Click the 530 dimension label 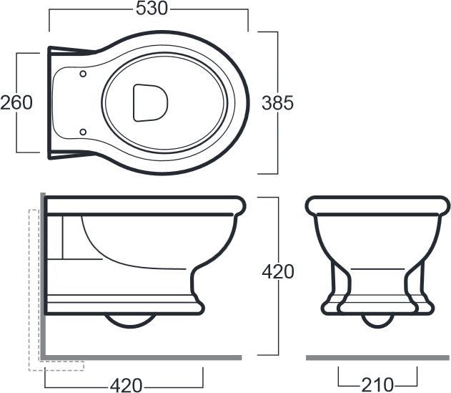click(x=152, y=9)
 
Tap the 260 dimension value click(x=16, y=102)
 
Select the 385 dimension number click(x=277, y=102)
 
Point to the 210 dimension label click(x=377, y=384)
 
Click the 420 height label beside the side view click(x=278, y=271)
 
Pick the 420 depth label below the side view click(x=127, y=385)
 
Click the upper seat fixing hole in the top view click(x=83, y=74)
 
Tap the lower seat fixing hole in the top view click(x=83, y=132)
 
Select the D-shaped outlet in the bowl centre click(x=150, y=102)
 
